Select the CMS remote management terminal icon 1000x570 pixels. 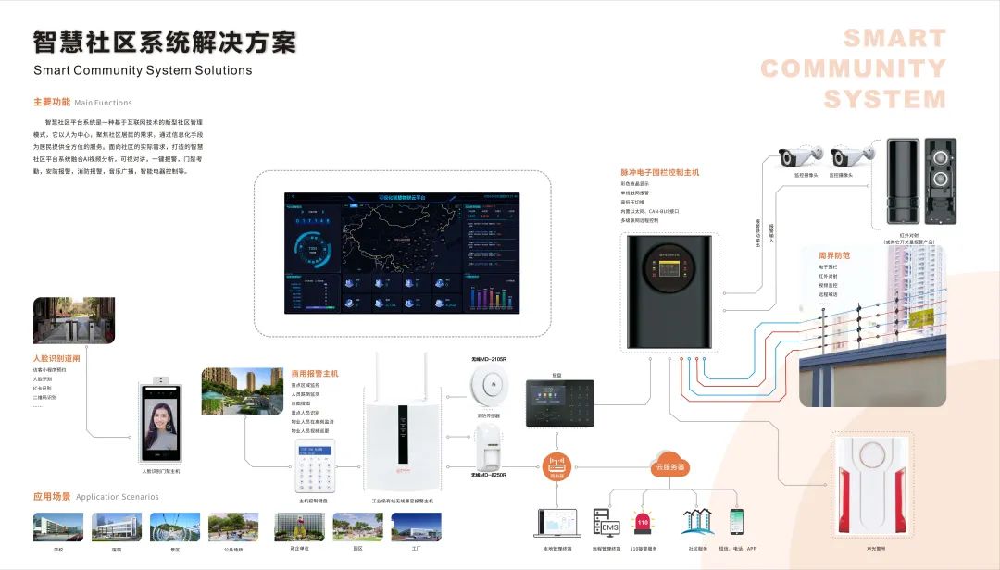(606, 522)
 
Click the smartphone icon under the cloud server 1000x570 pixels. (737, 522)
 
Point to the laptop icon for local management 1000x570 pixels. (556, 524)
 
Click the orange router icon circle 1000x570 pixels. (556, 465)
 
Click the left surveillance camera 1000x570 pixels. (799, 156)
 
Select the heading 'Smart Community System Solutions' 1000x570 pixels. (143, 70)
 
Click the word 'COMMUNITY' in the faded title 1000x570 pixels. (853, 68)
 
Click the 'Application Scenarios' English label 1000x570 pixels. (118, 497)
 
